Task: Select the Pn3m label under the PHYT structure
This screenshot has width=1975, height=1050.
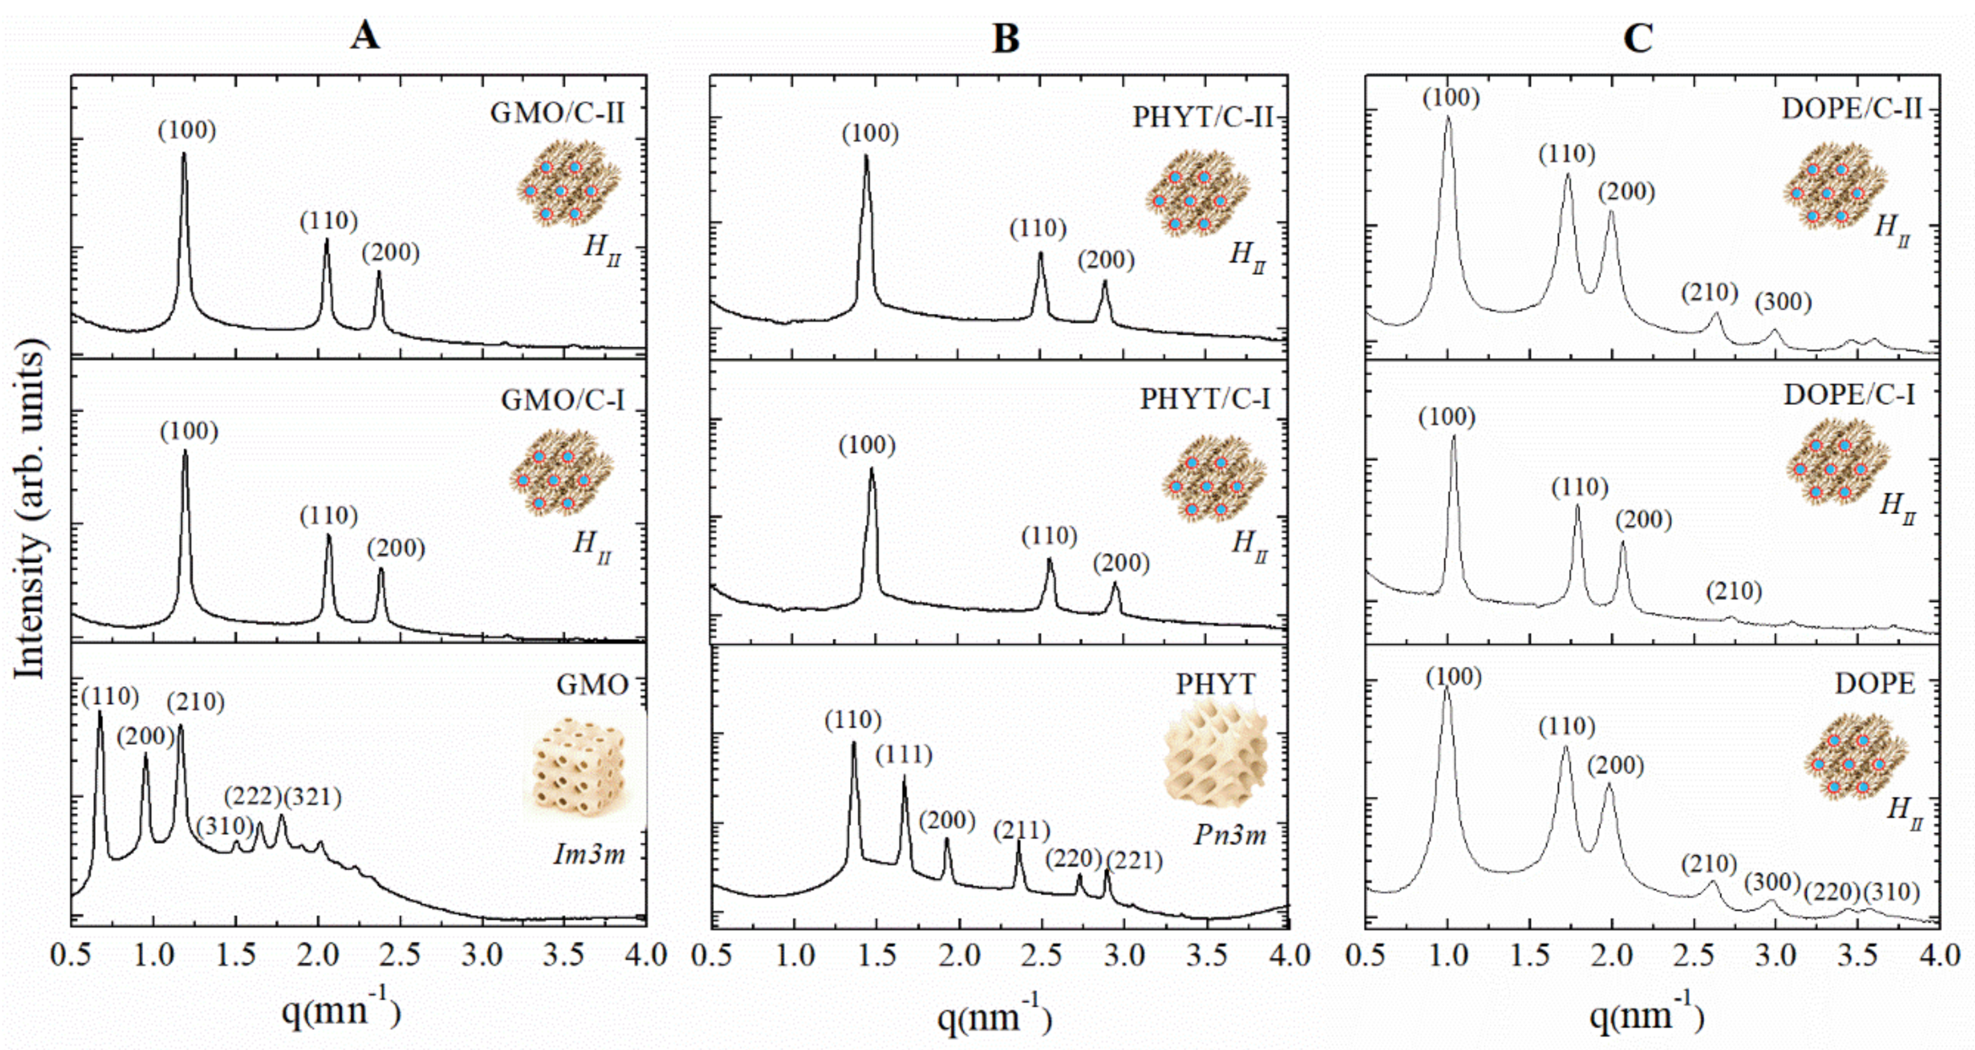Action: pos(1230,834)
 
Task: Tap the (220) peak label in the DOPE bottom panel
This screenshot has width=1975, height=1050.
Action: pos(1832,892)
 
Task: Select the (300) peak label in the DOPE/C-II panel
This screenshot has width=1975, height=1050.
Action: pos(1783,302)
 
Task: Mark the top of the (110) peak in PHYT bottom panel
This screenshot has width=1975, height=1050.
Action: pos(853,743)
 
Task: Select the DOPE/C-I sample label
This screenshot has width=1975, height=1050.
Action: pos(1849,395)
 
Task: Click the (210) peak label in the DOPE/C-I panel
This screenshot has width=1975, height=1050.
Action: pos(1734,592)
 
